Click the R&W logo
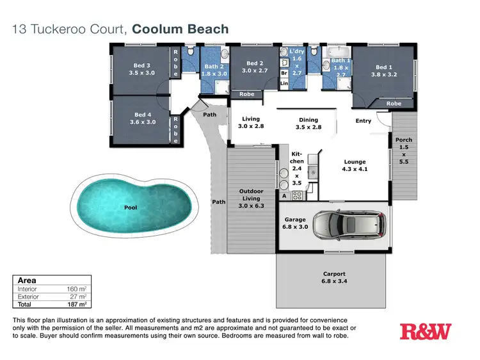click(x=425, y=331)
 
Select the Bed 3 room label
click(x=142, y=69)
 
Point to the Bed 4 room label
click(x=142, y=118)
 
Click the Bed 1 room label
click(x=384, y=70)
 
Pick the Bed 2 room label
click(x=255, y=67)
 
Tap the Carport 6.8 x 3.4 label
click(x=334, y=278)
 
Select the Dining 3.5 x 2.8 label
click(x=308, y=124)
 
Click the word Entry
click(x=363, y=121)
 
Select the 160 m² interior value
click(x=77, y=290)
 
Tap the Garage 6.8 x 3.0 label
click(x=296, y=223)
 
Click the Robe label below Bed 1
click(x=394, y=103)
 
